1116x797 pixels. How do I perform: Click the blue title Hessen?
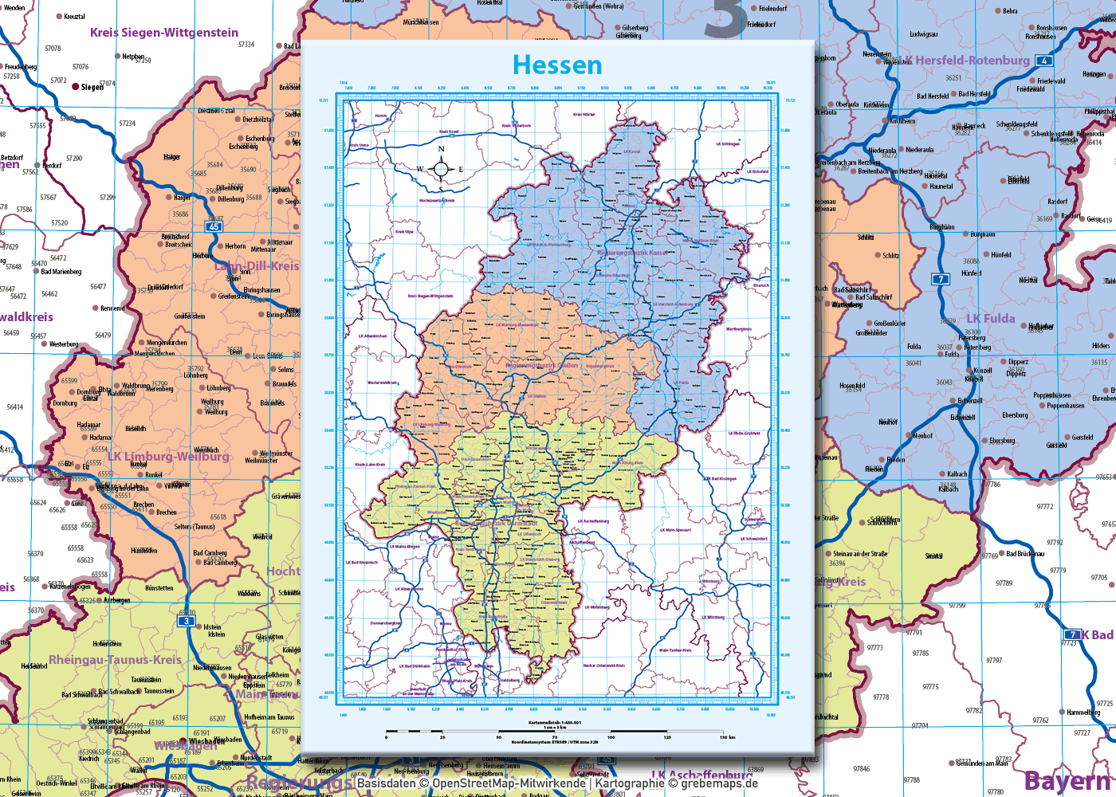[x=557, y=65]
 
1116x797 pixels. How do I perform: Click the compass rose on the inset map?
[x=441, y=168]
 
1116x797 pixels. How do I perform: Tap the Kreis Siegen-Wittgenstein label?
[x=163, y=33]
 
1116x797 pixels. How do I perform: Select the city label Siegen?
[x=92, y=87]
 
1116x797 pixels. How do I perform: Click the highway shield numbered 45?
[x=214, y=227]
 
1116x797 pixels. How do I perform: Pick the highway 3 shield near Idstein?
[x=187, y=621]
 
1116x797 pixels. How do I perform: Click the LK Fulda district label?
[x=991, y=319]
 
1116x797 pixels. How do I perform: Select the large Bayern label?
[x=1068, y=781]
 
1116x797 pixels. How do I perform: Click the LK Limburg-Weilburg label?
[x=168, y=457]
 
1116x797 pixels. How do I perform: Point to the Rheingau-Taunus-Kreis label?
[x=115, y=660]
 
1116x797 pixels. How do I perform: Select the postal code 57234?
[x=128, y=124]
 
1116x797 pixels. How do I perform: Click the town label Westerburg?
[x=64, y=344]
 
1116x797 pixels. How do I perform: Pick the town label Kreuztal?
[x=74, y=17]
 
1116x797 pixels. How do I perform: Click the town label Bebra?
[x=1010, y=11]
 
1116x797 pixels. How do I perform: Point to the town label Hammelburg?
[x=1083, y=713]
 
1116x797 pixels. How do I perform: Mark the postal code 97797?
[x=994, y=661]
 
